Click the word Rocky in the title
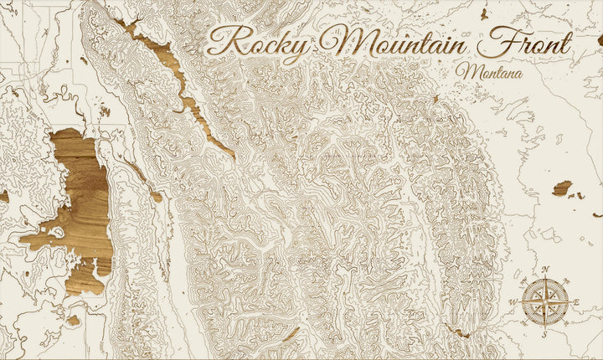pyautogui.click(x=255, y=42)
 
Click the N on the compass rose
pyautogui.click(x=546, y=270)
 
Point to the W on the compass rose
pyautogui.click(x=513, y=301)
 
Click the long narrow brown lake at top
pyautogui.click(x=180, y=84)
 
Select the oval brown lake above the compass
pyautogui.click(x=562, y=188)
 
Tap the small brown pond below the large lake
pyautogui.click(x=74, y=320)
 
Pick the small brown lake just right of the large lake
pyautogui.click(x=156, y=197)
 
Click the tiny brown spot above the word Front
pyautogui.click(x=484, y=13)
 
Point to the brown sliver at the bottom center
pyautogui.click(x=291, y=334)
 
